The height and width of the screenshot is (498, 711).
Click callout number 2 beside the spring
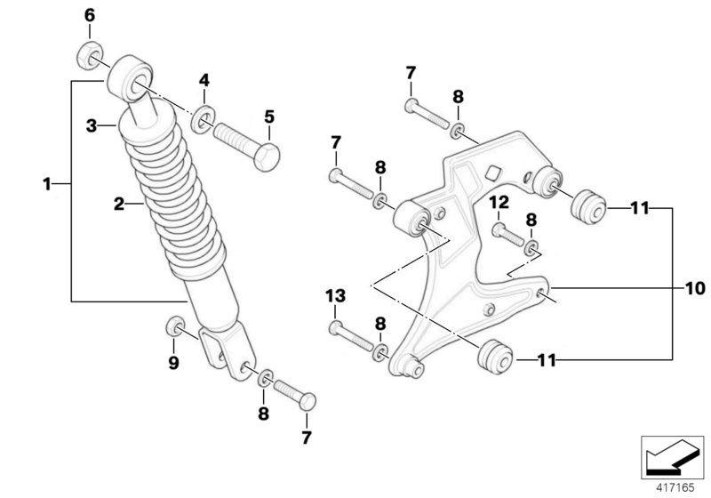coord(117,205)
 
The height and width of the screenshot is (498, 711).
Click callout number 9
coord(174,362)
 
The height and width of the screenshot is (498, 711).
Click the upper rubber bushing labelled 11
coord(586,208)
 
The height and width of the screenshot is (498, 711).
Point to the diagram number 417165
coord(673,486)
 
